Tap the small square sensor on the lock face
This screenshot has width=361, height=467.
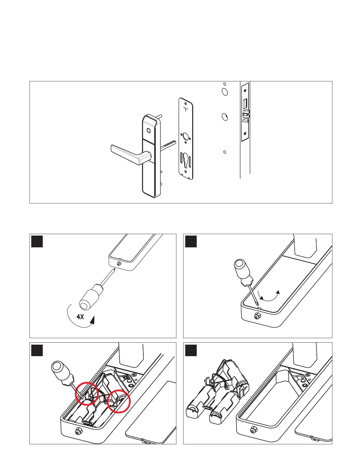(149, 130)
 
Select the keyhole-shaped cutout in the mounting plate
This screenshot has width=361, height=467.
(186, 159)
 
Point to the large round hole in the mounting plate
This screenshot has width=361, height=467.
(186, 137)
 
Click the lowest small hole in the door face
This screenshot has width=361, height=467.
(225, 152)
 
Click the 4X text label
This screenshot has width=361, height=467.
(80, 317)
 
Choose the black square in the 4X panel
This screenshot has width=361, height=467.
(37, 241)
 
